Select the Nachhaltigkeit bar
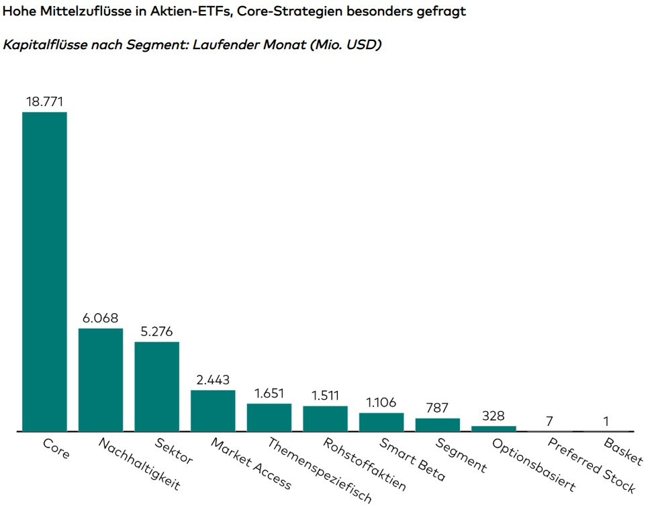coord(101,380)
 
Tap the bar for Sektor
coord(156,386)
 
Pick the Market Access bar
coord(213,410)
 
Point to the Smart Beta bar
coord(381,422)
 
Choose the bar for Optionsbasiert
coord(493,428)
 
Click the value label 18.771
coord(44,101)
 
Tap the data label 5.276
coord(156,331)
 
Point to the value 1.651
coord(269,393)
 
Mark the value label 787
coord(437,408)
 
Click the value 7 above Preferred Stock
coord(550,421)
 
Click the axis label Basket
coord(623,452)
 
